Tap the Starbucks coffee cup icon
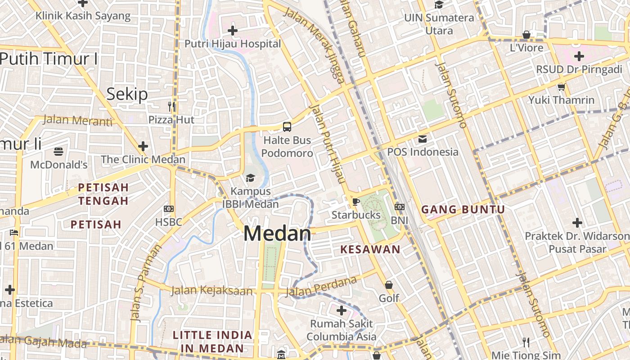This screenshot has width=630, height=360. click(x=355, y=202)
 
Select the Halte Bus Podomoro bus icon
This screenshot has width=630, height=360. click(x=287, y=127)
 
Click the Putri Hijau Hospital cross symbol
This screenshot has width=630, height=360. click(x=233, y=31)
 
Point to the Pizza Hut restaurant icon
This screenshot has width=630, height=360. click(x=171, y=106)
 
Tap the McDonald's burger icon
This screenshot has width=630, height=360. click(x=58, y=152)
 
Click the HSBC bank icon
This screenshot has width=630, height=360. click(x=169, y=209)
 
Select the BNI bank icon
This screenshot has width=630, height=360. click(x=399, y=207)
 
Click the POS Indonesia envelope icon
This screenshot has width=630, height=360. click(x=423, y=139)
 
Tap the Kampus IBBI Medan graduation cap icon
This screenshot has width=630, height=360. click(x=250, y=178)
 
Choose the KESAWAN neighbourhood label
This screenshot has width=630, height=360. click(x=370, y=249)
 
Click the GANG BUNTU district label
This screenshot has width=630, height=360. click(x=463, y=209)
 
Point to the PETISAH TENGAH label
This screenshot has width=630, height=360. click(x=103, y=193)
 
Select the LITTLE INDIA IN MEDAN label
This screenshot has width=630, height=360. click(x=212, y=342)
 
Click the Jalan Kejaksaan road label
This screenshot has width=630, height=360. click(x=211, y=291)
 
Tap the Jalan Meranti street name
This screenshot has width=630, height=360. click(x=77, y=121)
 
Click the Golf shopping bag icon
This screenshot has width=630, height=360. click(x=389, y=285)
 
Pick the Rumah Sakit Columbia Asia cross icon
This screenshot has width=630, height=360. click(x=342, y=310)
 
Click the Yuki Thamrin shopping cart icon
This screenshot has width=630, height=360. click(x=561, y=87)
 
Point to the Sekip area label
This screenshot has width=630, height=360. click(x=127, y=94)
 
